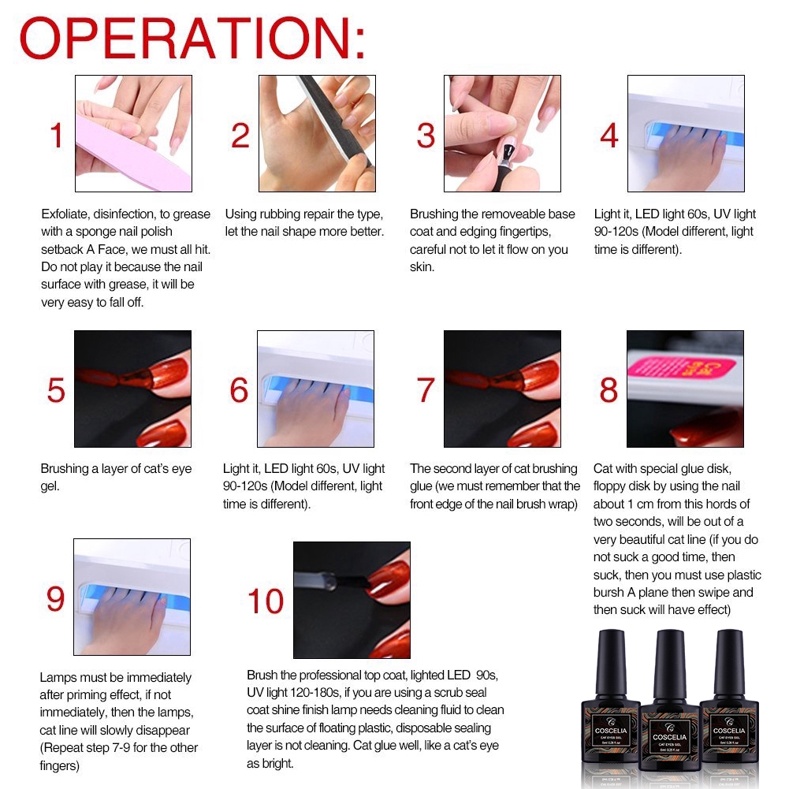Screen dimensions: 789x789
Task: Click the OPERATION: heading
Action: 192,39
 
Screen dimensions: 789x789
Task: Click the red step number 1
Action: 56,136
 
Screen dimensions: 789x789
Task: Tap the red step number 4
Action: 608,136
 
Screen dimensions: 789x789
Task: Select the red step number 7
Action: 426,390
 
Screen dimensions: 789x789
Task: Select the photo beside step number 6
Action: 315,389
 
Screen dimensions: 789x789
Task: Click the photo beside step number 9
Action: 132,597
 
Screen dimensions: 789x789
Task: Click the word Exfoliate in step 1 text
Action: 63,214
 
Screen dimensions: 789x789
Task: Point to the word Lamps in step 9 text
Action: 57,677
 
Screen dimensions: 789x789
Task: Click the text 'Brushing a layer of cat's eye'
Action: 116,469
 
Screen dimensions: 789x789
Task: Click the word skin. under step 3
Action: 422,267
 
